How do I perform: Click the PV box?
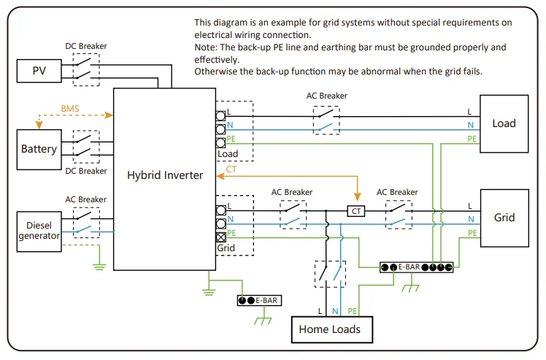[x=39, y=71]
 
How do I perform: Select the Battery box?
[x=39, y=149]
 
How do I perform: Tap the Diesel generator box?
[x=39, y=231]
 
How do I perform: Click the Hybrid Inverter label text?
[x=165, y=175]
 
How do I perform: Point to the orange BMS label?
[x=71, y=108]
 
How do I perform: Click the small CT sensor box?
[x=355, y=210]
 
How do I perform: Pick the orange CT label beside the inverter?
[x=231, y=169]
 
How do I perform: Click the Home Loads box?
[x=329, y=329]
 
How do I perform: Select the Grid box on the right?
[x=504, y=218]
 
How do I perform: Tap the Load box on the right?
[x=504, y=123]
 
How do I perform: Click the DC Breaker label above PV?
[x=85, y=47]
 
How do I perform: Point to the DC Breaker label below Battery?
[x=85, y=171]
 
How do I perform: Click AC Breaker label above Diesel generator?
[x=85, y=199]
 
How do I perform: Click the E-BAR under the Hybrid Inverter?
[x=259, y=300]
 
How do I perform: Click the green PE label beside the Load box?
[x=472, y=138]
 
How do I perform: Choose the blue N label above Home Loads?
[x=335, y=310]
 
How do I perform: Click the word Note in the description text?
[x=206, y=47]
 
